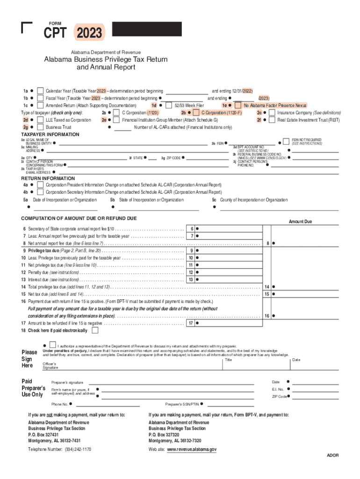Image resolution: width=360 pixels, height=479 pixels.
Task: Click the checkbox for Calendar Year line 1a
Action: pos(41,91)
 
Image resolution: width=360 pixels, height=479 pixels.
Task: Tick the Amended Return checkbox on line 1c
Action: pos(41,106)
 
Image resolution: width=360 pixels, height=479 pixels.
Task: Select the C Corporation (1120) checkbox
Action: pos(116,113)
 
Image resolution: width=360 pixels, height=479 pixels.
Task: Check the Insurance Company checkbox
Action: pos(272,113)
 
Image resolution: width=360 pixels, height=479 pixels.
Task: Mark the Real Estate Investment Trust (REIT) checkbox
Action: pos(272,120)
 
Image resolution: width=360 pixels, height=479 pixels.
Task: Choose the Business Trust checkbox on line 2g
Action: pos(41,127)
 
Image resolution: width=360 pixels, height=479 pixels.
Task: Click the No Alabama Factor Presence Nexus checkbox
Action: pos(238,106)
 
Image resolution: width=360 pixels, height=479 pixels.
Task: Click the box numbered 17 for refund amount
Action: pos(190,323)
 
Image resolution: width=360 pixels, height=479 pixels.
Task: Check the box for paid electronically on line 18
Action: pos(95,330)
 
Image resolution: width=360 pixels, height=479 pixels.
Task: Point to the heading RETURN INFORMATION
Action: pos(48,178)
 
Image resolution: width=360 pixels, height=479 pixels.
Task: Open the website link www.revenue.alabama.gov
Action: pos(192,449)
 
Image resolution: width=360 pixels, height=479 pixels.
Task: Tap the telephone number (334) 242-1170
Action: pos(76,449)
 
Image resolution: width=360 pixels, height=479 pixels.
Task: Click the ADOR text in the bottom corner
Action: pos(332,455)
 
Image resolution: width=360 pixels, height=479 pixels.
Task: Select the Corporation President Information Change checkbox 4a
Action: pos(41,185)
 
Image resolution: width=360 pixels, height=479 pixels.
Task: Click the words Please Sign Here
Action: pos(29,359)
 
